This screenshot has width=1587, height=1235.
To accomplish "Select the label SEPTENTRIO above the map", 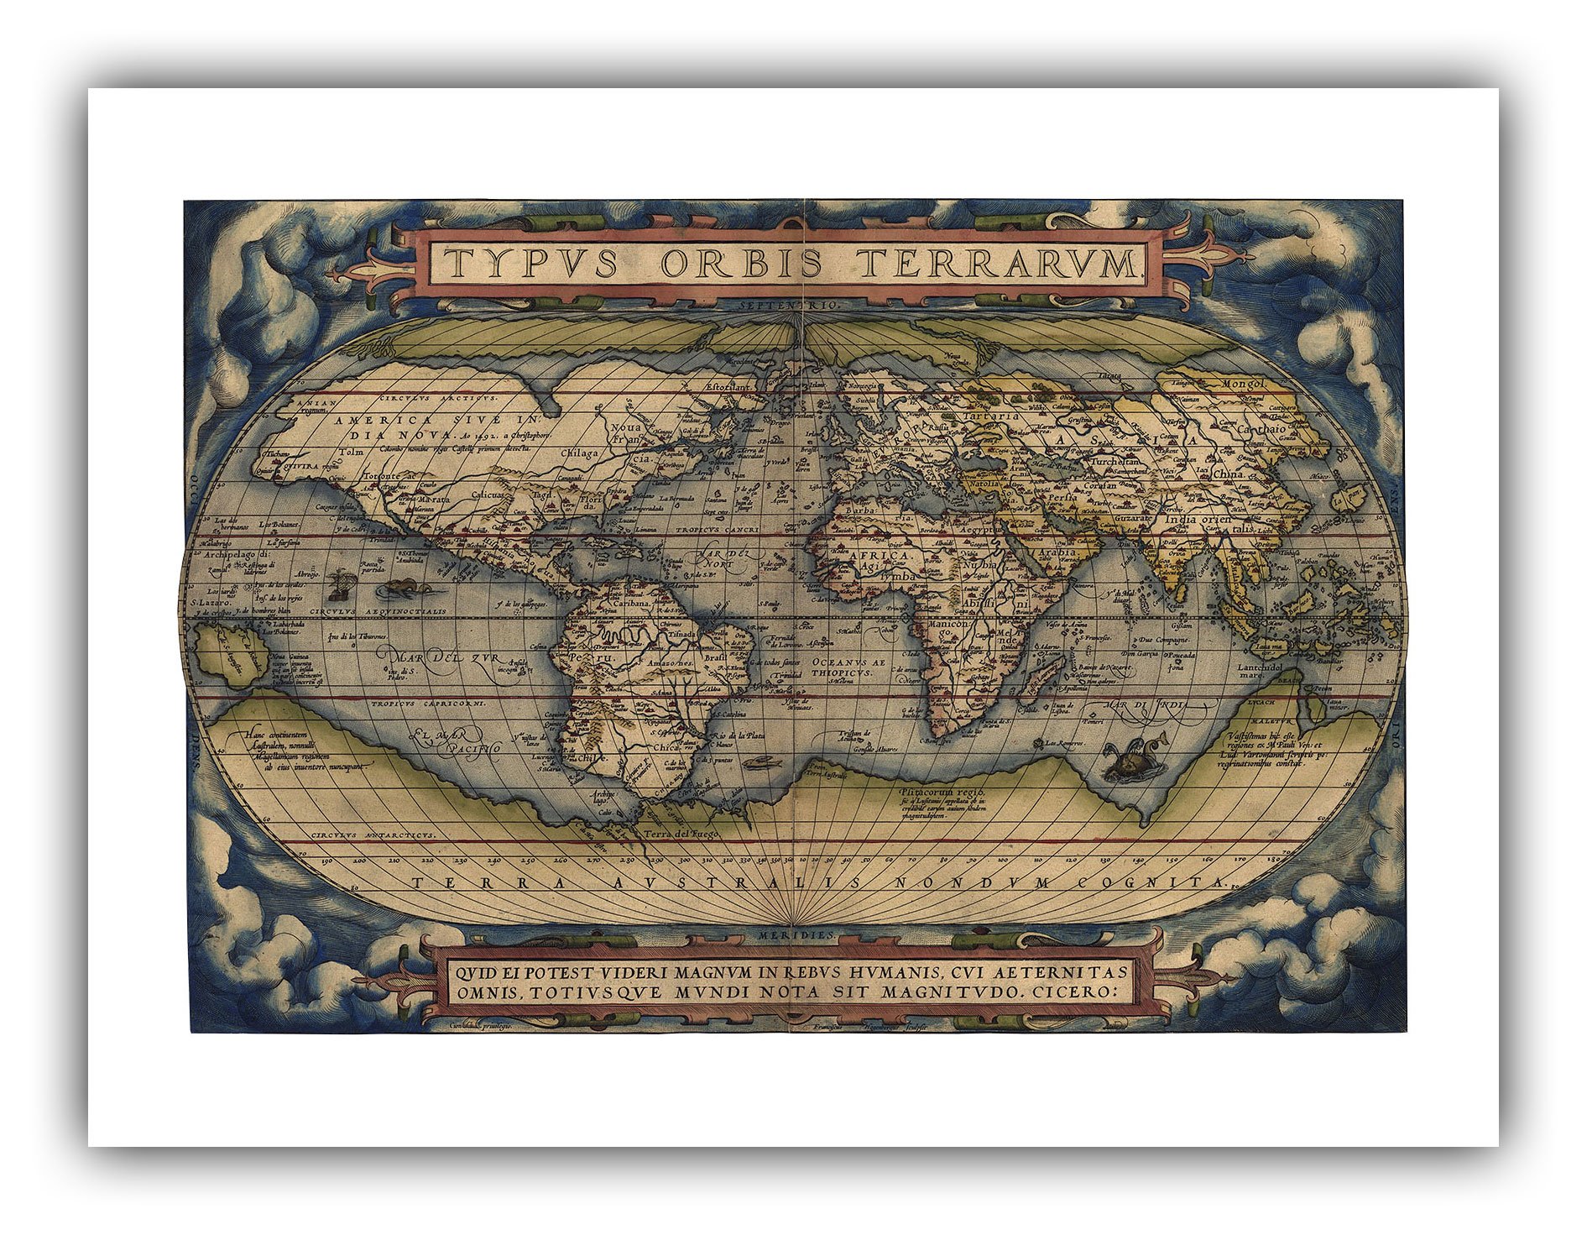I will pyautogui.click(x=790, y=305).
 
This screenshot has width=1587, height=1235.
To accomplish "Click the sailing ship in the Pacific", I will pyautogui.click(x=339, y=583).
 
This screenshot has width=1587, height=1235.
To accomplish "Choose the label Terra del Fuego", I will pyautogui.click(x=679, y=834).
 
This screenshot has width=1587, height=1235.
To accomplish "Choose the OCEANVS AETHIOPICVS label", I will pyautogui.click(x=848, y=667).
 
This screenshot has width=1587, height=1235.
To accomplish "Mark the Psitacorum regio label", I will pyautogui.click(x=937, y=791).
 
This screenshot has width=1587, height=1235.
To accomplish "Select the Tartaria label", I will pyautogui.click(x=990, y=416).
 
